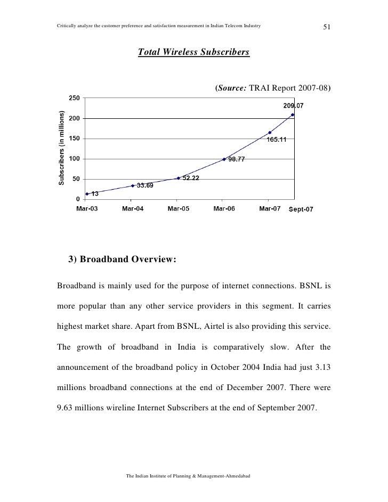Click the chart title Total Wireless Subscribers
pos(193,53)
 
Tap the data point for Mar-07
pos(270,133)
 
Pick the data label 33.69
pos(145,185)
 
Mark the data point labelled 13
pos(87,194)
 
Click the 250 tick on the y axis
pos(74,98)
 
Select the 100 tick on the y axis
pos(74,159)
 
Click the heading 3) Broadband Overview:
pos(122,260)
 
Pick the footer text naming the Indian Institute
pos(193,475)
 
